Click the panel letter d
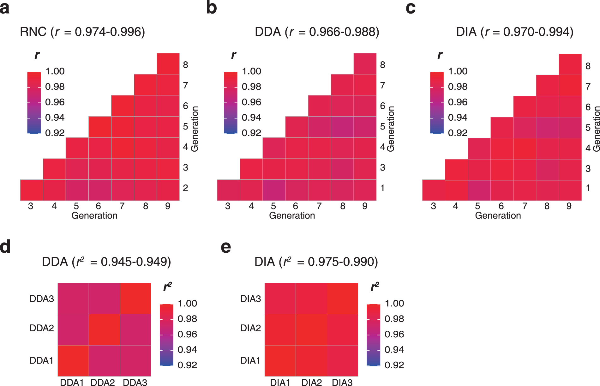coord(5,246)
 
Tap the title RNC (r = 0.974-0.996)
coord(82,32)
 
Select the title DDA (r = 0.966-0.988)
coord(317,32)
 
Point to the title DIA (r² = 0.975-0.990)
coord(316,262)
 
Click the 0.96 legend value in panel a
coord(55,102)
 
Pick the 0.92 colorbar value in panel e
coord(394,365)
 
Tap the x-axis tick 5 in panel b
coord(273,206)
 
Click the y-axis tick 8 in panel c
coord(588,66)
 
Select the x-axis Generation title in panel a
coord(94,216)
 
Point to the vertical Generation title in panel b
coord(391,129)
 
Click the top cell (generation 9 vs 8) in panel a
coord(168,64)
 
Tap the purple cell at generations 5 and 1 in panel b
coord(274,190)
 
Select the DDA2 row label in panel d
coord(42,328)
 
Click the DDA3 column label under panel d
coord(135,383)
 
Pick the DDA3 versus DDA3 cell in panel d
coord(135,299)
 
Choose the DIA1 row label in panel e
coord(250,360)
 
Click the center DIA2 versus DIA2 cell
coord(311,329)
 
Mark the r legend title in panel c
coord(440,55)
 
